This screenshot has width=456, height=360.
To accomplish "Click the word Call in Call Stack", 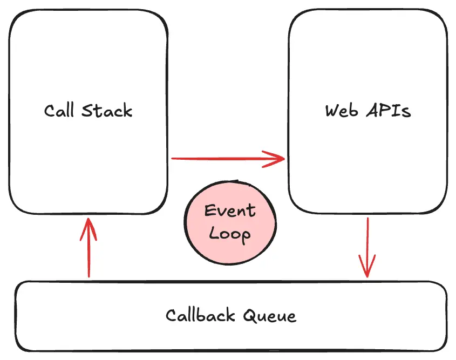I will (59, 111).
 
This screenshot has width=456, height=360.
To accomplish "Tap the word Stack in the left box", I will (107, 111).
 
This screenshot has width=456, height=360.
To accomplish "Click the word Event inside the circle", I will (229, 210).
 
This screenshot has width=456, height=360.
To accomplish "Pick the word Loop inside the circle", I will (229, 234).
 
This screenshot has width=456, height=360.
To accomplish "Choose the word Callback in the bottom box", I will (200, 315).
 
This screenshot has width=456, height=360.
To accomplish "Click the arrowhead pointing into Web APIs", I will (278, 159).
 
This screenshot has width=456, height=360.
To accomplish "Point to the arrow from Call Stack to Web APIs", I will (227, 159).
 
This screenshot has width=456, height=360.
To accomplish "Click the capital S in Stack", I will (87, 111).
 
